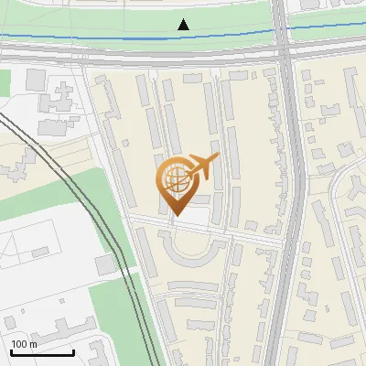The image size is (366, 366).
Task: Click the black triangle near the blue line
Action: (184, 25)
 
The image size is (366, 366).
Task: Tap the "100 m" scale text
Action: (24, 344)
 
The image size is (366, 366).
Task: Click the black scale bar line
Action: (42, 352)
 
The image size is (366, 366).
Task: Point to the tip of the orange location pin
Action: (176, 215)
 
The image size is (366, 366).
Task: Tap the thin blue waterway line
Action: (91, 38)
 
